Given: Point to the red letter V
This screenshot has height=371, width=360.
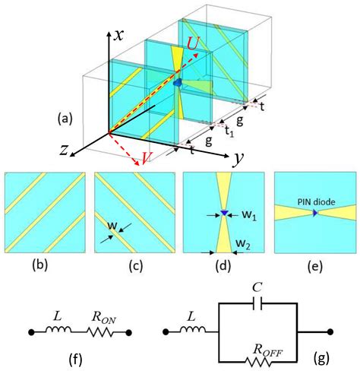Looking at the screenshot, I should [x=140, y=159].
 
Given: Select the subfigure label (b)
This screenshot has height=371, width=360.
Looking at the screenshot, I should [x=45, y=266].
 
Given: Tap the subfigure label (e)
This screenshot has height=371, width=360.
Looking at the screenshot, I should [x=312, y=266].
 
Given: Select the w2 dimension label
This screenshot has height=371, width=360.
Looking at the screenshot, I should [x=245, y=243].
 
